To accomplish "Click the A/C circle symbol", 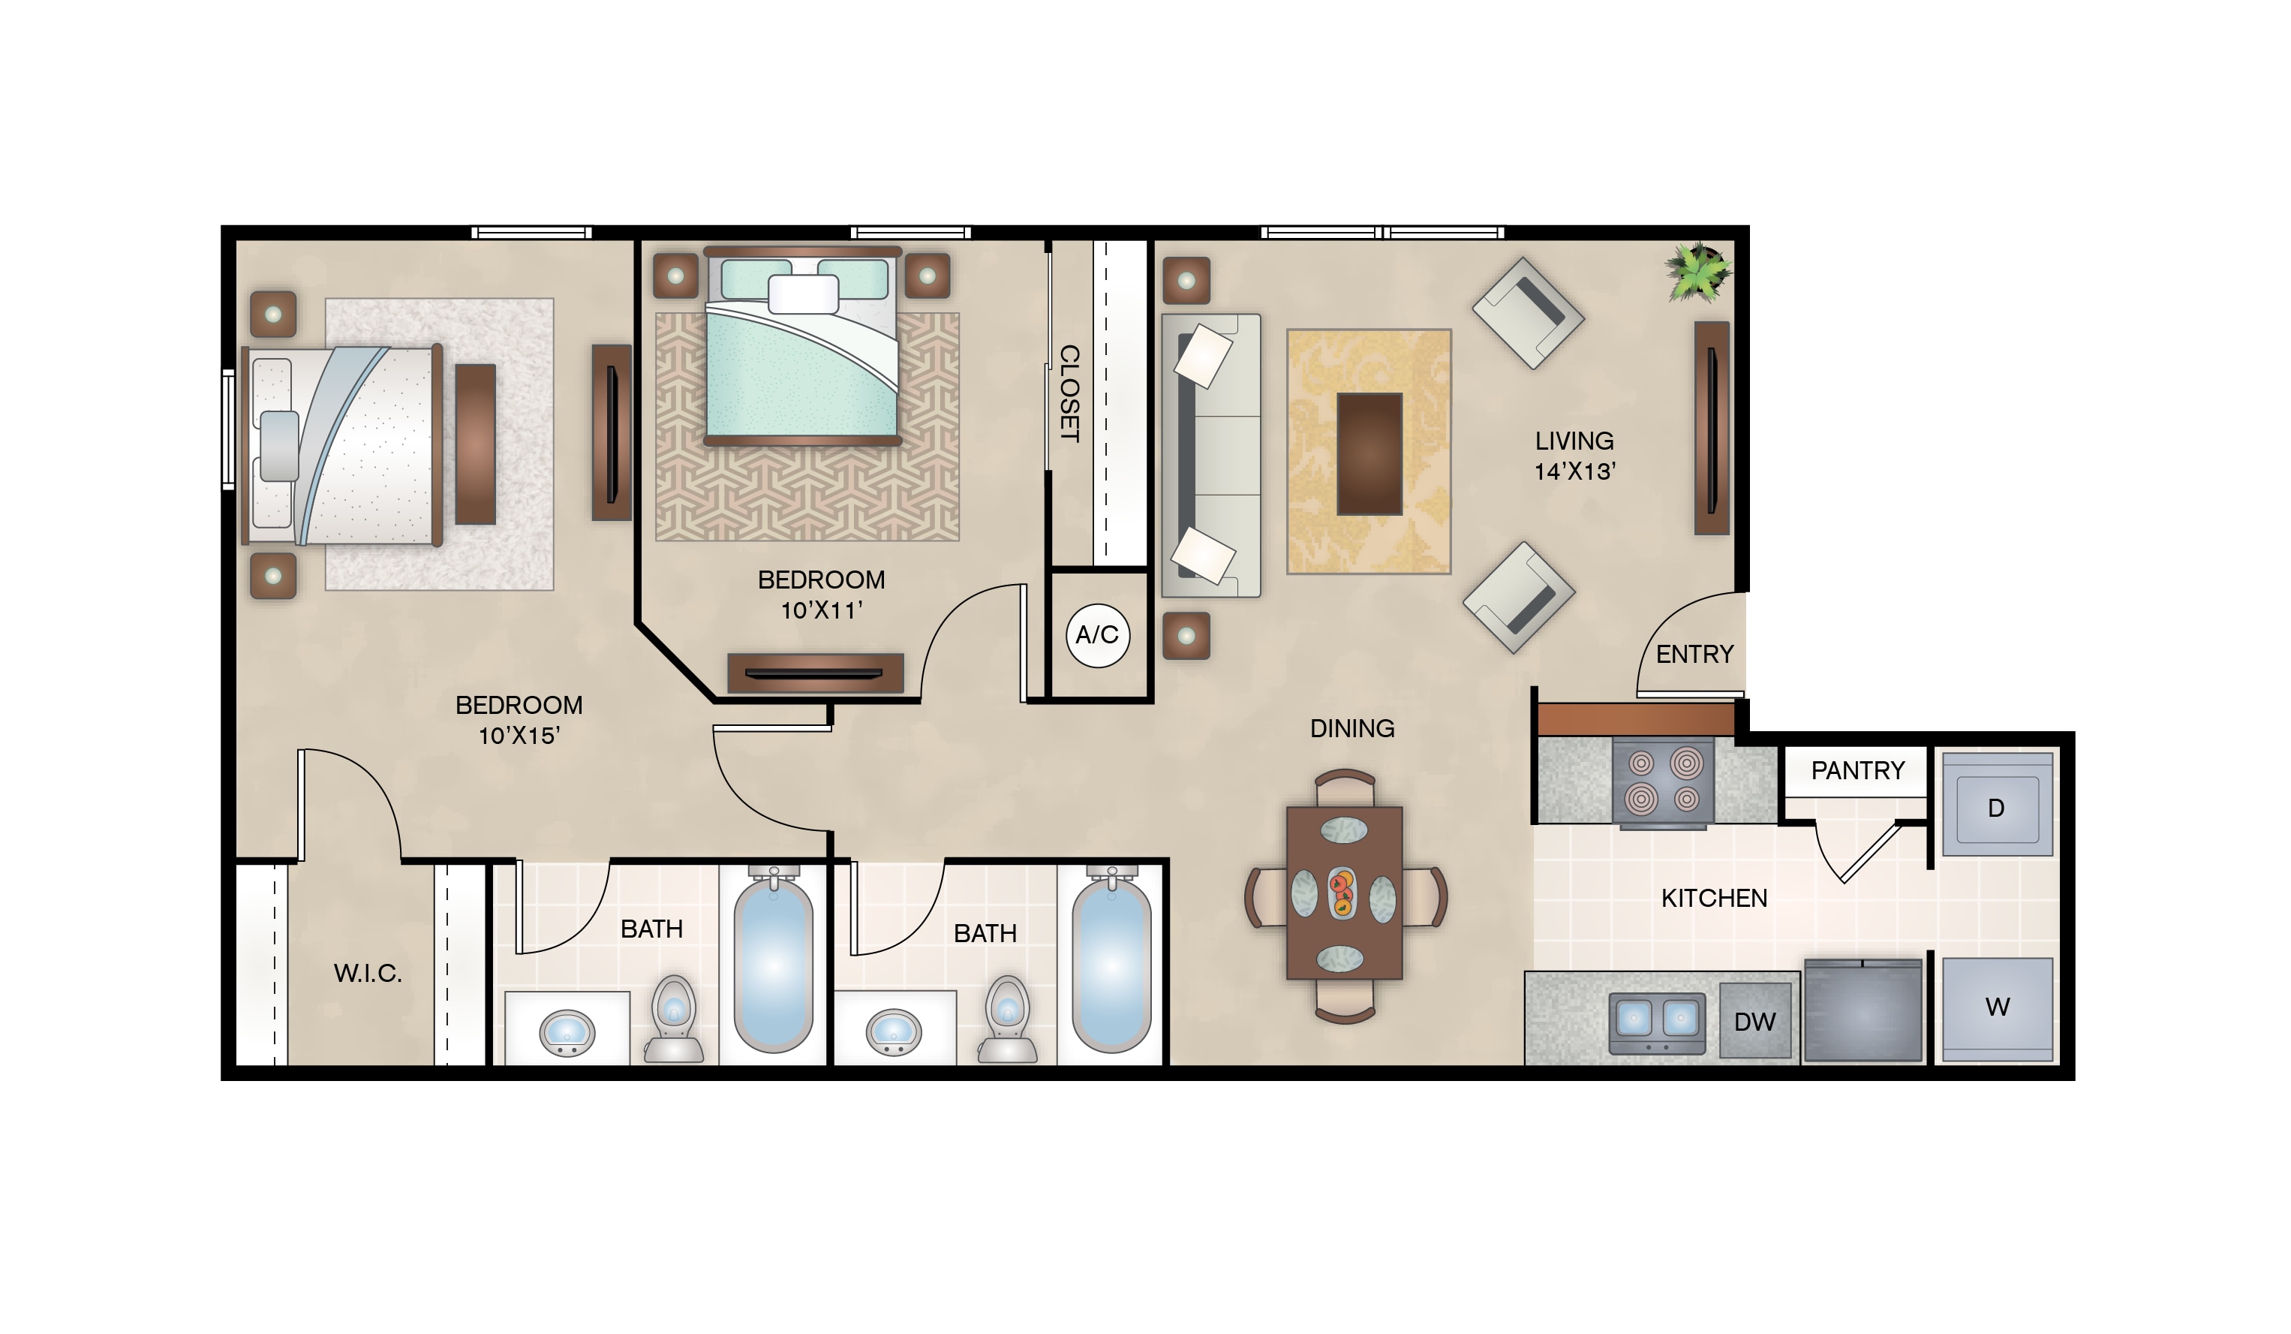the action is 1097,634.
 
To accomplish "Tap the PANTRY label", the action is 1857,771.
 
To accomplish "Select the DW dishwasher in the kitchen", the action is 1754,1021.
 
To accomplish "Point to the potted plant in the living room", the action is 1697,271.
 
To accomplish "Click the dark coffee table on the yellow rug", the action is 1369,453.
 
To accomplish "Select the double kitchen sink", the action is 1658,1022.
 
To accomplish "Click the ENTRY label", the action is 1694,655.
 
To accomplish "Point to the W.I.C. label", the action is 367,974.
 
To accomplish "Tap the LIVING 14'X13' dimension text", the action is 1574,456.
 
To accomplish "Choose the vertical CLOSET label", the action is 1070,393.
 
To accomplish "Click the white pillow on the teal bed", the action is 804,294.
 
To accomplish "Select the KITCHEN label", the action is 1714,899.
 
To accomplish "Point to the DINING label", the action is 1352,728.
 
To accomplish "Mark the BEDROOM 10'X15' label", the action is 519,720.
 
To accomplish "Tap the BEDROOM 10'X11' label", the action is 821,595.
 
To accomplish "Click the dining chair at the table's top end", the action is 1345,787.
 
